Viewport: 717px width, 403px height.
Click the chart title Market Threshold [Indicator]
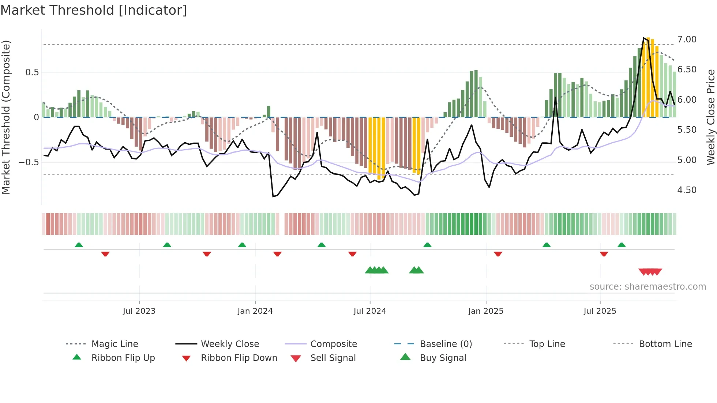point(94,10)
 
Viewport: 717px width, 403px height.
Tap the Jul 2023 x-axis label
point(139,311)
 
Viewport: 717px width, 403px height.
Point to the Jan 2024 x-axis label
point(255,311)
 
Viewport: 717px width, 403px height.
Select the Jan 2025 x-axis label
point(486,311)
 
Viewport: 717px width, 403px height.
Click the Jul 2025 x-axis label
point(600,311)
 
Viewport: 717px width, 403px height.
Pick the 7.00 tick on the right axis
point(687,39)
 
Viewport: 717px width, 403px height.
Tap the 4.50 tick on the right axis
point(687,190)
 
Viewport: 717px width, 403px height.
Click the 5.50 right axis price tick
point(687,130)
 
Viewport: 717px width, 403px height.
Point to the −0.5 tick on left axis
point(29,162)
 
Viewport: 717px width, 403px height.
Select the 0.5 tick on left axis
point(32,72)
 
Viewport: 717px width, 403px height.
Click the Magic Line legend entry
point(115,344)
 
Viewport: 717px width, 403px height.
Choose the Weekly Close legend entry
point(230,344)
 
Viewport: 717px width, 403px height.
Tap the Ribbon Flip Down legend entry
point(239,358)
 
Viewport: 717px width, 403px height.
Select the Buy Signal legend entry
point(443,358)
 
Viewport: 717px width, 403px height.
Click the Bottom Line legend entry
point(665,344)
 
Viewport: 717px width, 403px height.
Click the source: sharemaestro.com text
point(647,287)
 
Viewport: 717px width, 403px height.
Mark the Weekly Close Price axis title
point(710,117)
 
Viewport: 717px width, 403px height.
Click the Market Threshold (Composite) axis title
point(6,117)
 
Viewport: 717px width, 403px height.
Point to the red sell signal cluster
point(650,272)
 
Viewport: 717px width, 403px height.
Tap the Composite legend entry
point(333,344)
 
